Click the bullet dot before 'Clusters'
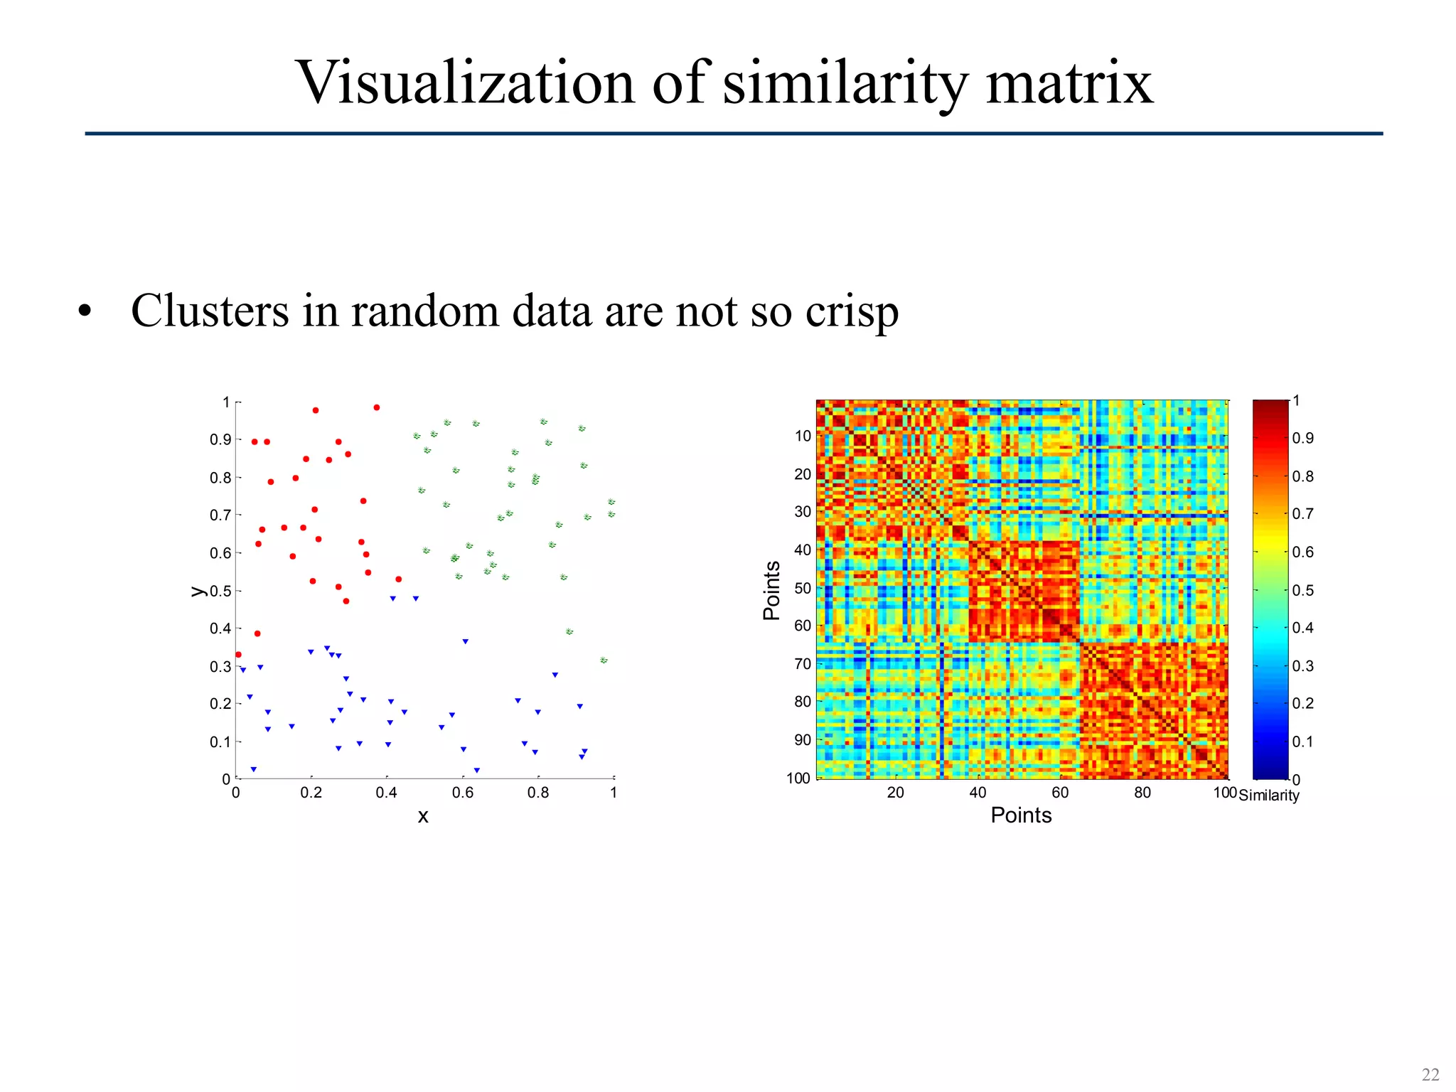point(85,312)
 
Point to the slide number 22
point(1430,1074)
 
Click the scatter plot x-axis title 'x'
point(423,816)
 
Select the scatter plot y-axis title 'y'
point(197,591)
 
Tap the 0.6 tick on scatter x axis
point(462,793)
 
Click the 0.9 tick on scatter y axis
point(220,440)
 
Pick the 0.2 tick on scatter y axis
point(220,704)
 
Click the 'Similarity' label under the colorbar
point(1268,796)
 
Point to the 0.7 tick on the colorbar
point(1302,513)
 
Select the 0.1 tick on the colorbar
point(1302,742)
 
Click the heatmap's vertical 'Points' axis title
point(772,590)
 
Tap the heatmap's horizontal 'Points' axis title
point(1021,815)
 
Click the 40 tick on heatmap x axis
point(978,793)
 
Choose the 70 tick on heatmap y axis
point(803,664)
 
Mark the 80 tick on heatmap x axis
point(1142,793)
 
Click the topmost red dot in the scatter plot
point(377,407)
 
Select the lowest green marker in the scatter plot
point(604,660)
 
